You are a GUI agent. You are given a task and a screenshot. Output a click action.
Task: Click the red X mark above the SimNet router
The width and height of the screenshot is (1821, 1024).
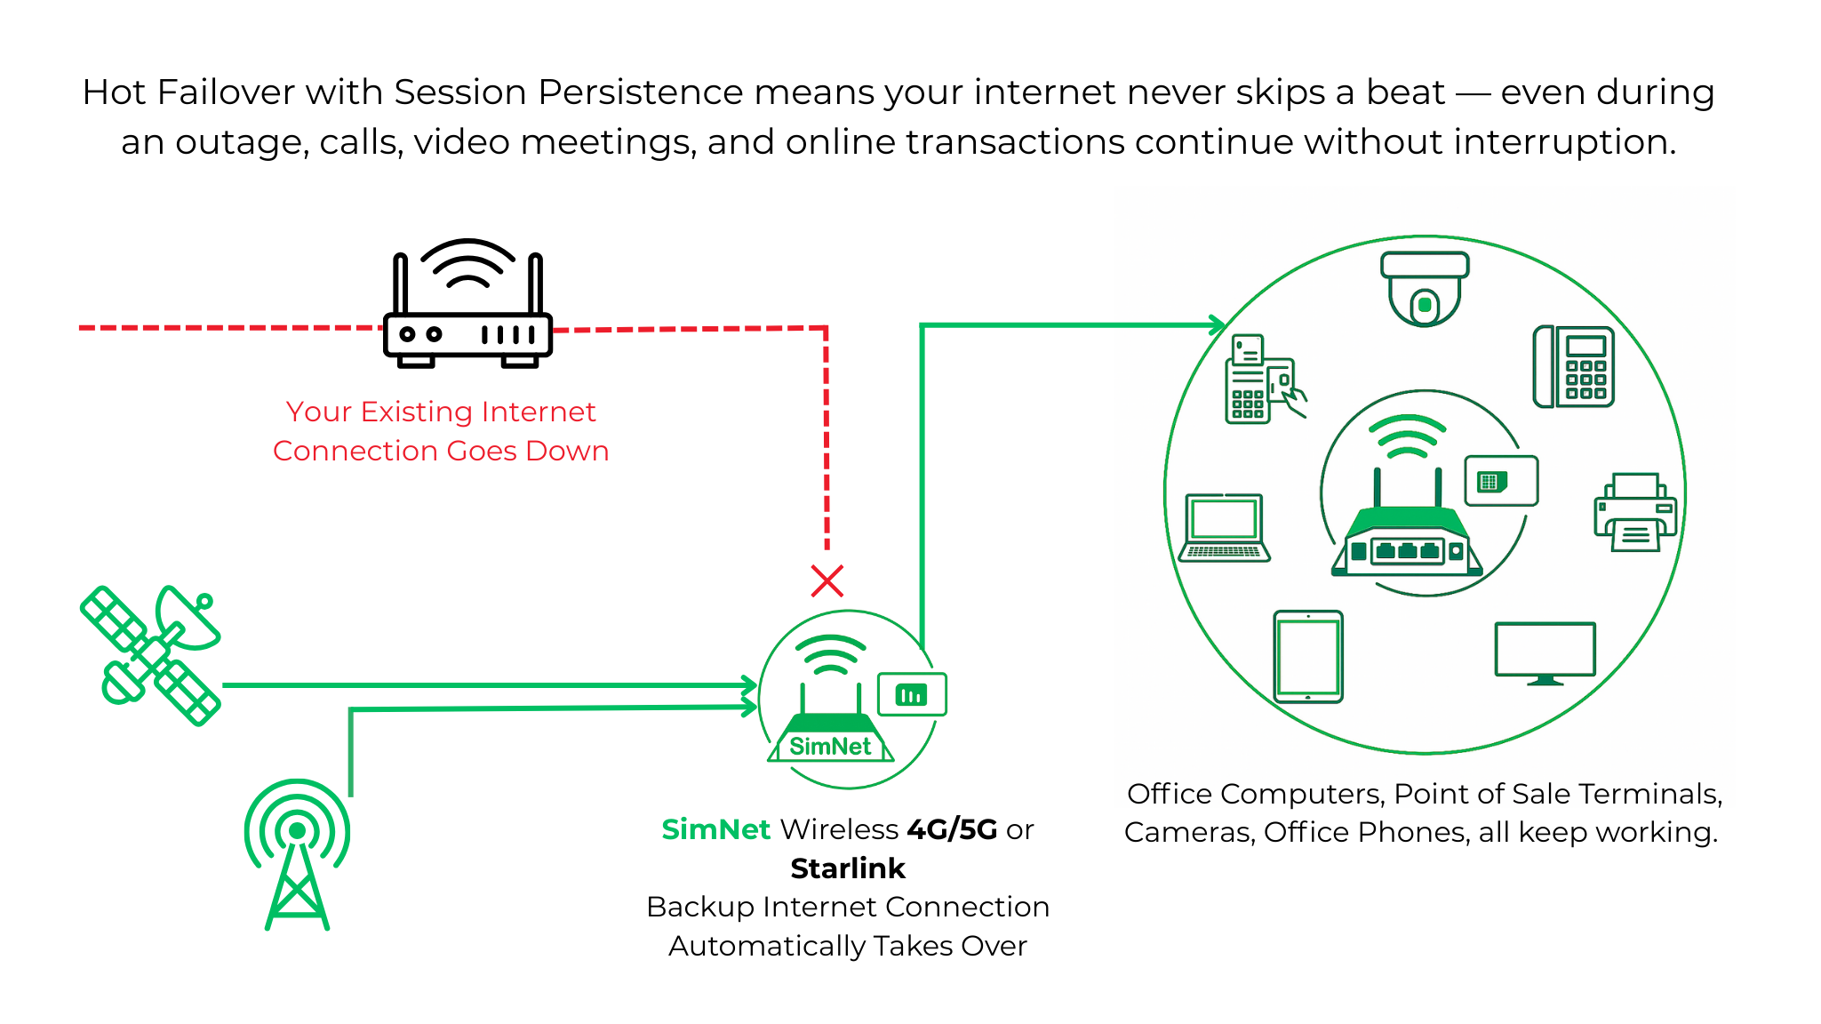(x=827, y=581)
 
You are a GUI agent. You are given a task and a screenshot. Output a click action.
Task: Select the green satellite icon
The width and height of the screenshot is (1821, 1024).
(x=150, y=655)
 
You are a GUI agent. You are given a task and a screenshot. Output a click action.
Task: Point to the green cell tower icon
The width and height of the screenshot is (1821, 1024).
(x=297, y=853)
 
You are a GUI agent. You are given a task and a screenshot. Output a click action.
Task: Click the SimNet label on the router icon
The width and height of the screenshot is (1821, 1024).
(x=830, y=747)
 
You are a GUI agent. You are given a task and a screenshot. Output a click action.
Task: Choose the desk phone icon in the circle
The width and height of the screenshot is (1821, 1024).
(x=1574, y=367)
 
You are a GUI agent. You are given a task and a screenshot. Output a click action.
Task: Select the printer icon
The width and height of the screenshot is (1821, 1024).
(x=1635, y=512)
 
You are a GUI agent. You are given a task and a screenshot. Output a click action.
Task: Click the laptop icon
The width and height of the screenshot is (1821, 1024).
(x=1224, y=528)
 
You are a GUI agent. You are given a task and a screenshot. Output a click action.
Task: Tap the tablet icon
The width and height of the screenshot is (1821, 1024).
(x=1308, y=657)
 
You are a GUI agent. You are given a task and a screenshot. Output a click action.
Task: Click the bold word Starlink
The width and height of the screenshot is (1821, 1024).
(x=848, y=868)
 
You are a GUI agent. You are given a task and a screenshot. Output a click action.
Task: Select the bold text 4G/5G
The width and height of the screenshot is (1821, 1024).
(x=952, y=829)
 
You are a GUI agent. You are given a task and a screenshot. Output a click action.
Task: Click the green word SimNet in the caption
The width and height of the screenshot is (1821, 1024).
(x=715, y=829)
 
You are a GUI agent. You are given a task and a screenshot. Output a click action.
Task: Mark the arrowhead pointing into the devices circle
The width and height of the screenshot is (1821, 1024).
(x=1217, y=325)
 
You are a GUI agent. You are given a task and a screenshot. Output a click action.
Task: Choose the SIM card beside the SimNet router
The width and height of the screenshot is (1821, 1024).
(x=912, y=694)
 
